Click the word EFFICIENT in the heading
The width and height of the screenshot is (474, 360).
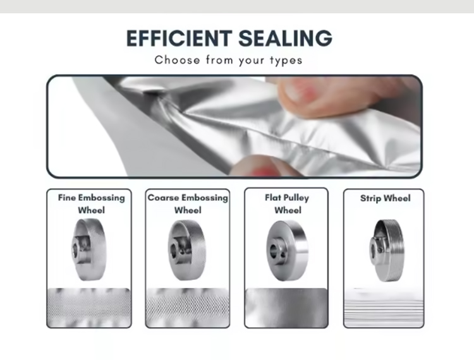click(x=179, y=39)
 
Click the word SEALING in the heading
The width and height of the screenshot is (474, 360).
click(x=286, y=39)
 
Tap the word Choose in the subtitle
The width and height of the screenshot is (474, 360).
click(x=177, y=60)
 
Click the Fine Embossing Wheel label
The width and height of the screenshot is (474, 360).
click(x=91, y=204)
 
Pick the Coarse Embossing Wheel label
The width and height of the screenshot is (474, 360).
click(x=188, y=204)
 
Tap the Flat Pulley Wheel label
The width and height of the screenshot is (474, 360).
click(x=287, y=204)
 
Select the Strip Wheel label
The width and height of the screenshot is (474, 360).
click(x=386, y=198)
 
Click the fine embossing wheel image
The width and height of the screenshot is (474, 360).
click(x=89, y=249)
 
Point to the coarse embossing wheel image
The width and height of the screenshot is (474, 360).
click(x=187, y=250)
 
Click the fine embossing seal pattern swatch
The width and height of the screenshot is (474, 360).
click(x=89, y=308)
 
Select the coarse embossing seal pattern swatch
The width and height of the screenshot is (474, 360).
click(x=188, y=308)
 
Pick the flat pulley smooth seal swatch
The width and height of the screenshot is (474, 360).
click(x=286, y=308)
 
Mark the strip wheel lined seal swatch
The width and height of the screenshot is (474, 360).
click(x=384, y=308)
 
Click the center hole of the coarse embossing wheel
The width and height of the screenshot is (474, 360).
click(x=174, y=251)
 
